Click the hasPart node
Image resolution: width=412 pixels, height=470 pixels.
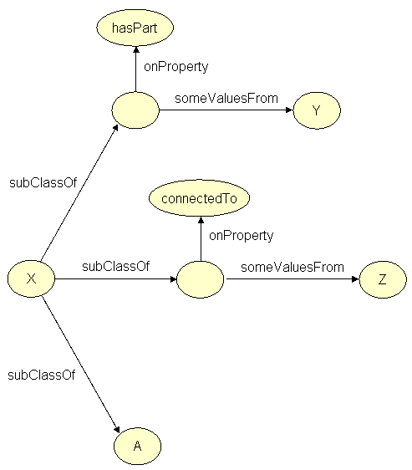click(135, 28)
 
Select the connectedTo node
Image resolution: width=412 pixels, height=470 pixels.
click(200, 198)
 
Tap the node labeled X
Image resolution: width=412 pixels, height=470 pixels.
click(31, 278)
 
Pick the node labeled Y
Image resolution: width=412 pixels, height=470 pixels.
click(316, 111)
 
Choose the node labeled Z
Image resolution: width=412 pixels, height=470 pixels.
click(382, 279)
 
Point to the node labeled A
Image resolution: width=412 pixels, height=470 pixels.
click(137, 446)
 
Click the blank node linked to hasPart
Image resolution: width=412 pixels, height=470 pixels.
click(135, 111)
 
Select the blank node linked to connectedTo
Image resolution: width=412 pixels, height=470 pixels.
click(200, 279)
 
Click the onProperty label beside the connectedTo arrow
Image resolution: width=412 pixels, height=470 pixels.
click(241, 236)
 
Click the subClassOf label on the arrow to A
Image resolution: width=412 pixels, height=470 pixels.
click(41, 375)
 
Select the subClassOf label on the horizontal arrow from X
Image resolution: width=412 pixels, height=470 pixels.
click(115, 267)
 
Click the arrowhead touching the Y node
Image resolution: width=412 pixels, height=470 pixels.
click(288, 111)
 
